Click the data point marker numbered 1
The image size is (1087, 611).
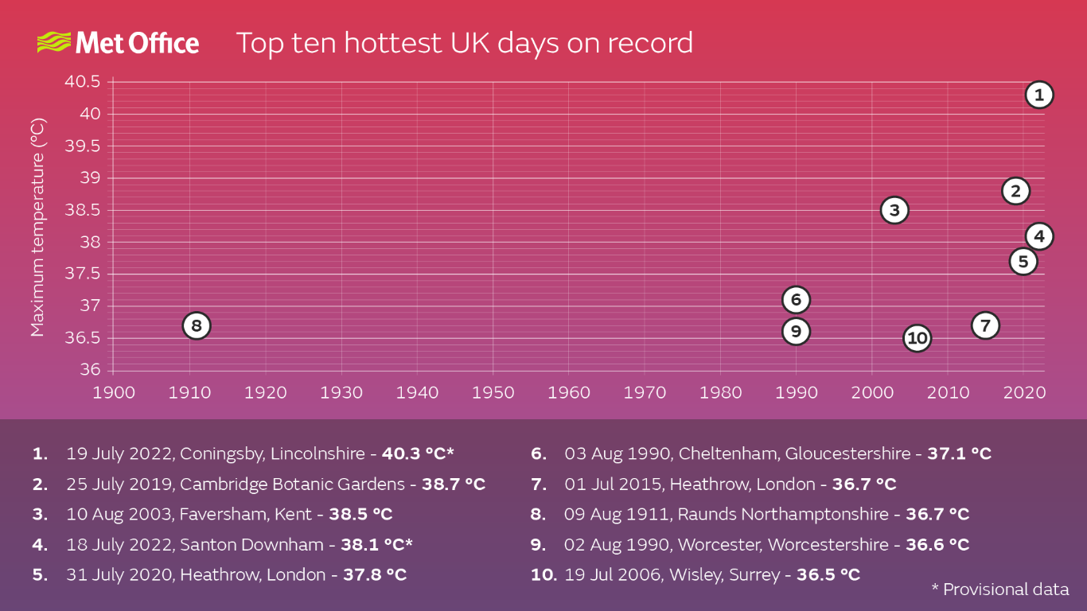coord(1038,95)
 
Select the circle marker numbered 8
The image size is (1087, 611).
coord(197,325)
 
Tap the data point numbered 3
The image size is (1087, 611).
coord(894,210)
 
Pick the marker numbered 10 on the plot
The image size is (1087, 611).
coord(917,338)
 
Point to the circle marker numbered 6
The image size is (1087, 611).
coord(796,300)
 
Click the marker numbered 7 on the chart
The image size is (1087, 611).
coord(985,325)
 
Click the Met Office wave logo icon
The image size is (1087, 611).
coord(54,42)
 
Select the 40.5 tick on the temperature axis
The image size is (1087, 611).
coord(82,82)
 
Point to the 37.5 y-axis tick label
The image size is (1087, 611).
coord(82,274)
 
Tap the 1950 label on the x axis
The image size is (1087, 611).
coord(493,392)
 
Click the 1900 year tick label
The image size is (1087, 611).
coord(113,392)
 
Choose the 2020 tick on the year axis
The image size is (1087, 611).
coord(1023,392)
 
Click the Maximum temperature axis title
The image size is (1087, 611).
coord(37,227)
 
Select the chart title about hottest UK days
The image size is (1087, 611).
coord(464,42)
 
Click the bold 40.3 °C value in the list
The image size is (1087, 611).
coord(417,454)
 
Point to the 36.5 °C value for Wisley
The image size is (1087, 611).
coord(828,574)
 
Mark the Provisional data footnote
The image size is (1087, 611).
coord(1000,590)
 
